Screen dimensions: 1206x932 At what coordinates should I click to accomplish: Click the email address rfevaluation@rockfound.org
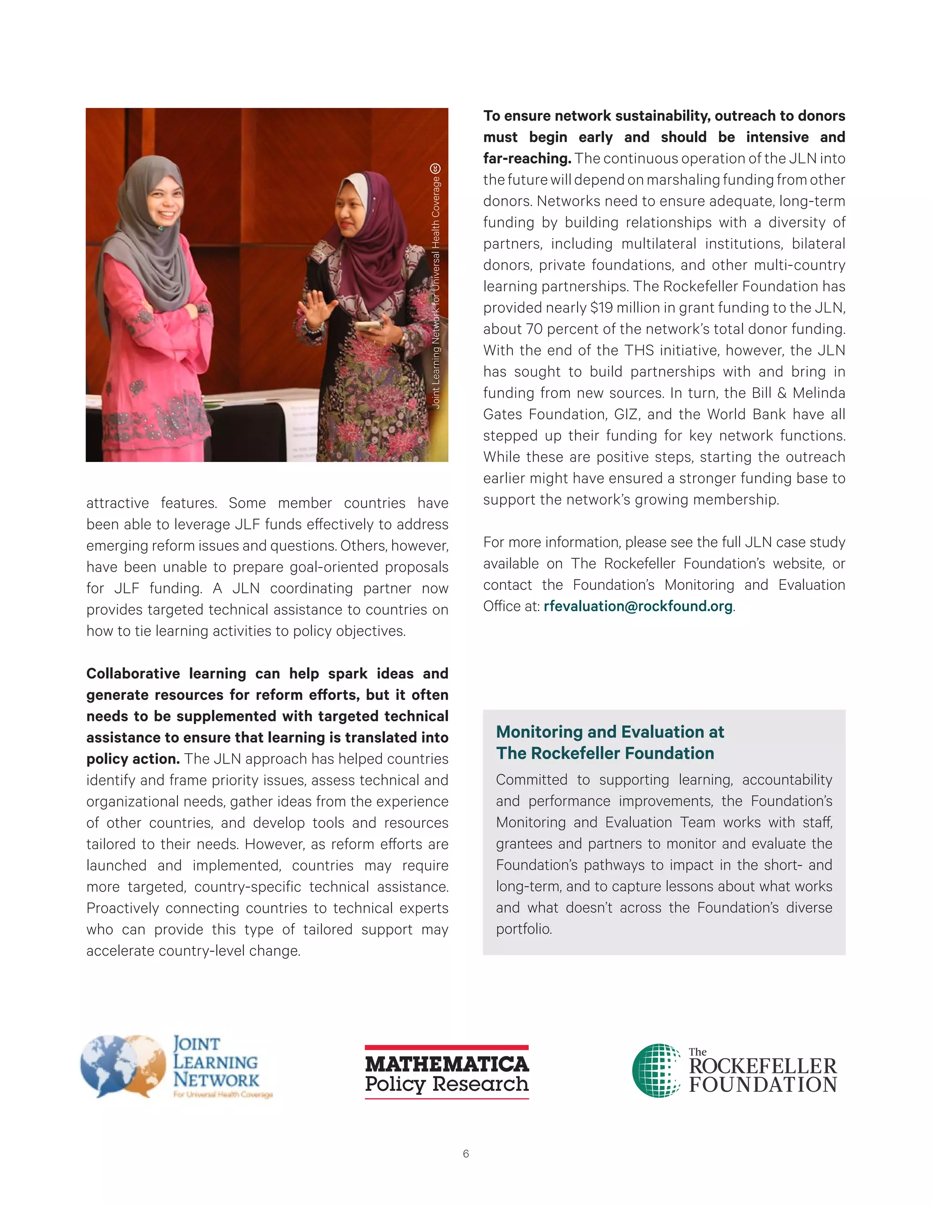click(x=638, y=606)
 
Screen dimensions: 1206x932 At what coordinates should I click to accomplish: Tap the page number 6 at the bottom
click(x=466, y=1154)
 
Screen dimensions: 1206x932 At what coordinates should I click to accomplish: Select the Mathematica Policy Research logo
click(x=447, y=1072)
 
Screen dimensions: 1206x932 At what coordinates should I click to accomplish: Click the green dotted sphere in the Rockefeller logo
click(x=656, y=1070)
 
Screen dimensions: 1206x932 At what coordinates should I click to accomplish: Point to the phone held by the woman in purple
click(x=368, y=326)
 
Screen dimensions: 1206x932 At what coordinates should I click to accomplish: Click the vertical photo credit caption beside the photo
click(x=436, y=287)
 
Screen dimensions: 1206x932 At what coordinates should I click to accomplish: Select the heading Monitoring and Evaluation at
click(x=609, y=732)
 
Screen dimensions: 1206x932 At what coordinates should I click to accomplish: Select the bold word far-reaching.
click(x=527, y=159)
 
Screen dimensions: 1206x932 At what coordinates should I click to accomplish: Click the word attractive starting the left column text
click(x=117, y=503)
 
